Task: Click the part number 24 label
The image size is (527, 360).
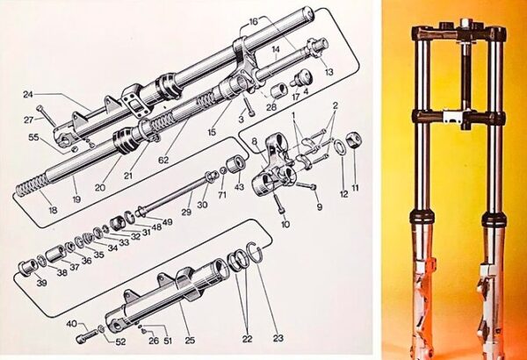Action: [28, 95]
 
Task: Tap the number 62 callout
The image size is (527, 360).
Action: [163, 160]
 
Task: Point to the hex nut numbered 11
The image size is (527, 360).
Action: [355, 140]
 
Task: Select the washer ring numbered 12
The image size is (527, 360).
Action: [339, 147]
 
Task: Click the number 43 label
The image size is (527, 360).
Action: [240, 187]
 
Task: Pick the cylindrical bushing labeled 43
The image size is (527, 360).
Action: [235, 165]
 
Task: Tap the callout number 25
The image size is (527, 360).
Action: [190, 340]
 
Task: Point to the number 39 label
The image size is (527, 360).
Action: [41, 283]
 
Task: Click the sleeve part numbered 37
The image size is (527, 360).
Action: [55, 256]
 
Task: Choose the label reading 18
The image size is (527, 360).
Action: [53, 210]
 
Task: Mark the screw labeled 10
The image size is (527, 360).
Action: [279, 204]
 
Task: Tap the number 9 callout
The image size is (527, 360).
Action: [319, 206]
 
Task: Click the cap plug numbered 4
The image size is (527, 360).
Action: [300, 78]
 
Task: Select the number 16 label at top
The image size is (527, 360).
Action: [254, 22]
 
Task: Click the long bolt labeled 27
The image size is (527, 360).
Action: [47, 116]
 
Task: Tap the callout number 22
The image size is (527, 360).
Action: [247, 339]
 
